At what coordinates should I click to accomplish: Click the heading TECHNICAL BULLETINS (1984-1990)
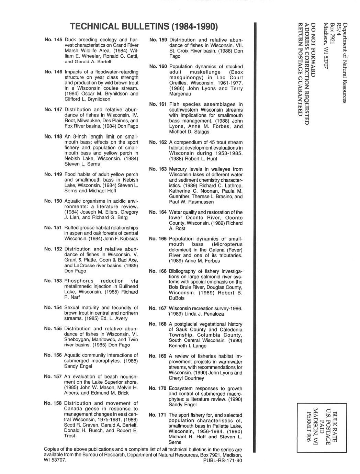(x=143, y=27)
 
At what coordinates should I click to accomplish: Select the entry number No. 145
(x=53, y=40)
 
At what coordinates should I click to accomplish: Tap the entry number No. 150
(x=53, y=201)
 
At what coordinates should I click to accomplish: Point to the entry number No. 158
(x=53, y=403)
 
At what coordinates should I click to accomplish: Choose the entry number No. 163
(x=158, y=169)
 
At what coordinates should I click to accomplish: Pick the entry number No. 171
(x=158, y=415)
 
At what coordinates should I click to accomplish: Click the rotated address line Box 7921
(x=332, y=33)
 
